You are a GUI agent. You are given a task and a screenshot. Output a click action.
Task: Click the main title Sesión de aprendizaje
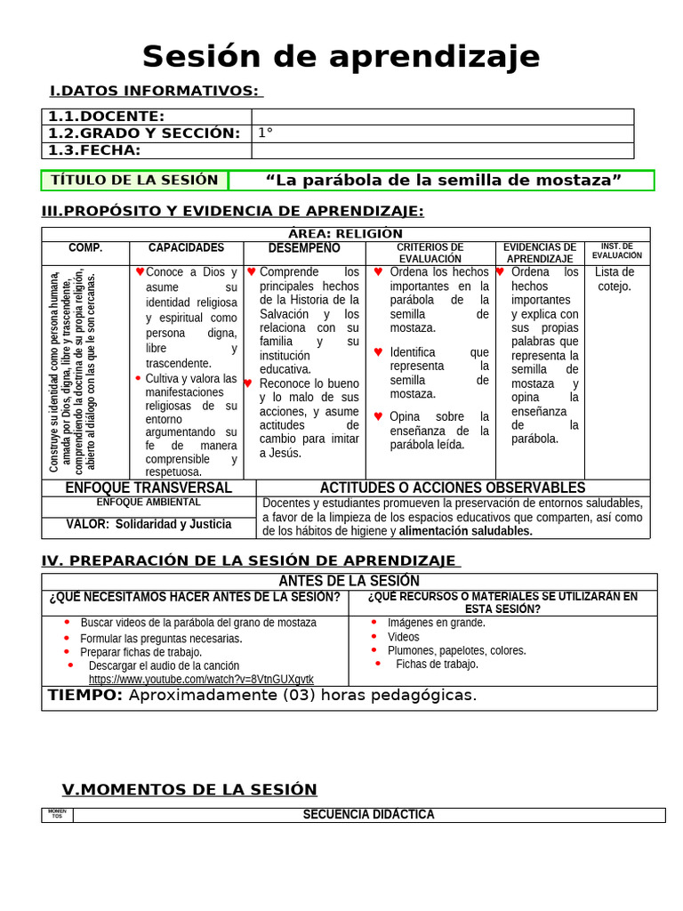tap(341, 57)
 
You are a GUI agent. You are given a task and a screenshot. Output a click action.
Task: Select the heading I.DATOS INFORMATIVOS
tap(155, 91)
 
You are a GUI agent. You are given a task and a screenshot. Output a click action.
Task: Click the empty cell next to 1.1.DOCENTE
tap(442, 117)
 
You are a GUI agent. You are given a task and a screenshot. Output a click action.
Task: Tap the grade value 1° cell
tap(442, 133)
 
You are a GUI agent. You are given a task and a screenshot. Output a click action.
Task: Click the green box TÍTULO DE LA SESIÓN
tap(134, 180)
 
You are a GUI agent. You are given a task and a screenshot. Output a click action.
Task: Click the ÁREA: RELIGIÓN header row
tap(346, 234)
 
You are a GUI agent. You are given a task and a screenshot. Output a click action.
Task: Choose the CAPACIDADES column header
tap(186, 248)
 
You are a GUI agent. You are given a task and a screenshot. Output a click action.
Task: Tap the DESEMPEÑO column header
tap(304, 248)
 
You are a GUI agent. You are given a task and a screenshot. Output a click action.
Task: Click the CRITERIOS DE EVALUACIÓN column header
tap(430, 253)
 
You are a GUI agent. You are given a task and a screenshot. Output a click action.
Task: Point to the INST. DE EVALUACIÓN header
tap(616, 250)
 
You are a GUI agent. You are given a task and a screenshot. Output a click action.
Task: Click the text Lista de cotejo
tap(615, 278)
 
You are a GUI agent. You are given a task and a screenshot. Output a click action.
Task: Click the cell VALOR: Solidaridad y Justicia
tap(149, 525)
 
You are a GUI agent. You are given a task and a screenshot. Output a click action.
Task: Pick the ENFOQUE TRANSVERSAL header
tap(149, 488)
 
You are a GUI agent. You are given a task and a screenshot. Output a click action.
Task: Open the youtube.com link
tap(201, 680)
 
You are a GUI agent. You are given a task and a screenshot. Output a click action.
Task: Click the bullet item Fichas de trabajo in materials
tap(437, 664)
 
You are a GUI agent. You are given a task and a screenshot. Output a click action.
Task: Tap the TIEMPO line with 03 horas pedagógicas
tap(262, 696)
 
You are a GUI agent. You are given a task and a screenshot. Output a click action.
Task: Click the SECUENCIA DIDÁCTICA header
tap(368, 815)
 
